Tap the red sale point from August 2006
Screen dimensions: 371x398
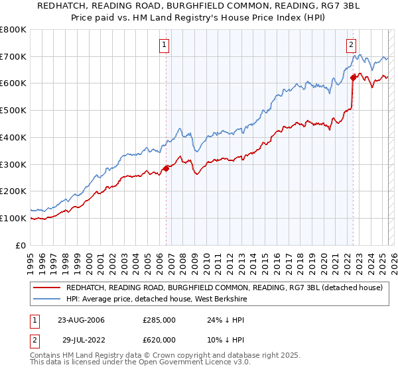tap(166, 168)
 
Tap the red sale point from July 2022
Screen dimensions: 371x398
tap(353, 78)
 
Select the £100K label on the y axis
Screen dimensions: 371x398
tap(13, 218)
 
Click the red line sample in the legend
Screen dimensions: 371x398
tap(46, 288)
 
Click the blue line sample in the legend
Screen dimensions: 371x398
tap(46, 299)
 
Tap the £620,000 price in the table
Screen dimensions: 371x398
tap(159, 339)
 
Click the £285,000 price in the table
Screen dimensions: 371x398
tap(159, 320)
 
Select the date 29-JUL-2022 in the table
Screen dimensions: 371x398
tap(80, 339)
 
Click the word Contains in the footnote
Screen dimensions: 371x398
tap(45, 356)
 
